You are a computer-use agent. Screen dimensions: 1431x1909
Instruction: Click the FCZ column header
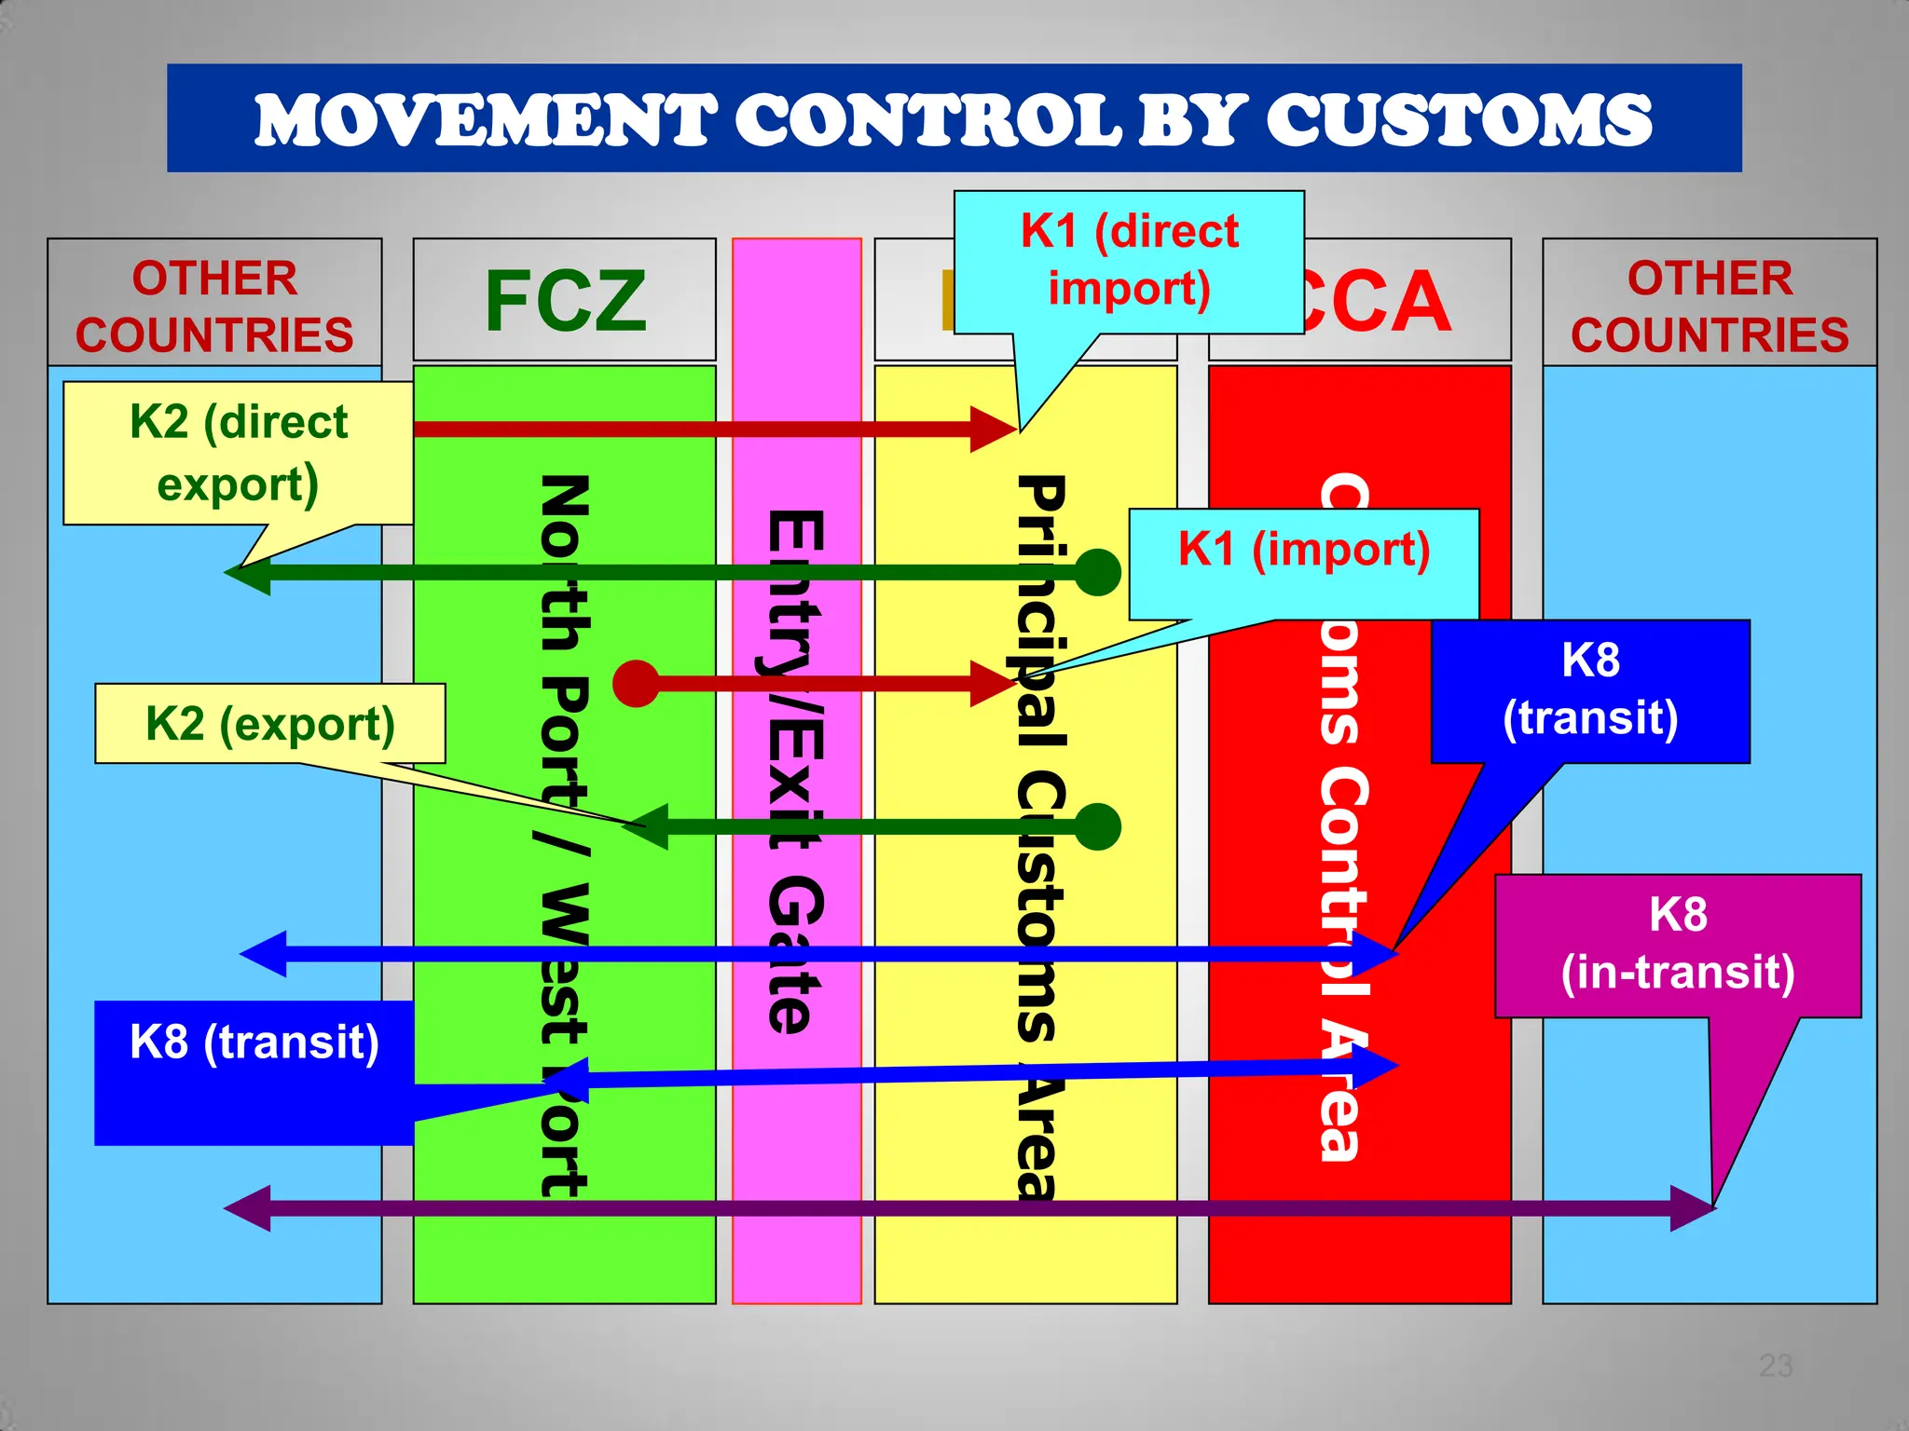pyautogui.click(x=565, y=300)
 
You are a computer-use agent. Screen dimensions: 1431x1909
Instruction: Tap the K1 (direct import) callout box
pyautogui.click(x=1129, y=261)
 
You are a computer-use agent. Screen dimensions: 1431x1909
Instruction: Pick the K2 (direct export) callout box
pyautogui.click(x=239, y=453)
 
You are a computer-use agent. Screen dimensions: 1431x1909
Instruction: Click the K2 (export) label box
pyautogui.click(x=270, y=724)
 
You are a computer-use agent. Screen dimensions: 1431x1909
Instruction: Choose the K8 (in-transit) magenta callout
pyautogui.click(x=1678, y=945)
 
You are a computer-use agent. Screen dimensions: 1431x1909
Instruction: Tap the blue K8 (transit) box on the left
pyautogui.click(x=254, y=1071)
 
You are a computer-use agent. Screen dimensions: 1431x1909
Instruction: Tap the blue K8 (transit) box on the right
pyautogui.click(x=1590, y=690)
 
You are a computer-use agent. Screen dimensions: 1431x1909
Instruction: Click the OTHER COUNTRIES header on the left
pyautogui.click(x=214, y=306)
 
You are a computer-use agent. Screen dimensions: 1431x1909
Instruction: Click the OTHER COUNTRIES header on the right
pyautogui.click(x=1710, y=306)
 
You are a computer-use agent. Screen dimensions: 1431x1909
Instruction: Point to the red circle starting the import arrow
pyautogui.click(x=637, y=684)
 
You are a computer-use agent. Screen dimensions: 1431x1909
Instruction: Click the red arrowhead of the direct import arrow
pyautogui.click(x=992, y=429)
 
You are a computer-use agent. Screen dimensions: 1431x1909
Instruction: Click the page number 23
pyautogui.click(x=1775, y=1366)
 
